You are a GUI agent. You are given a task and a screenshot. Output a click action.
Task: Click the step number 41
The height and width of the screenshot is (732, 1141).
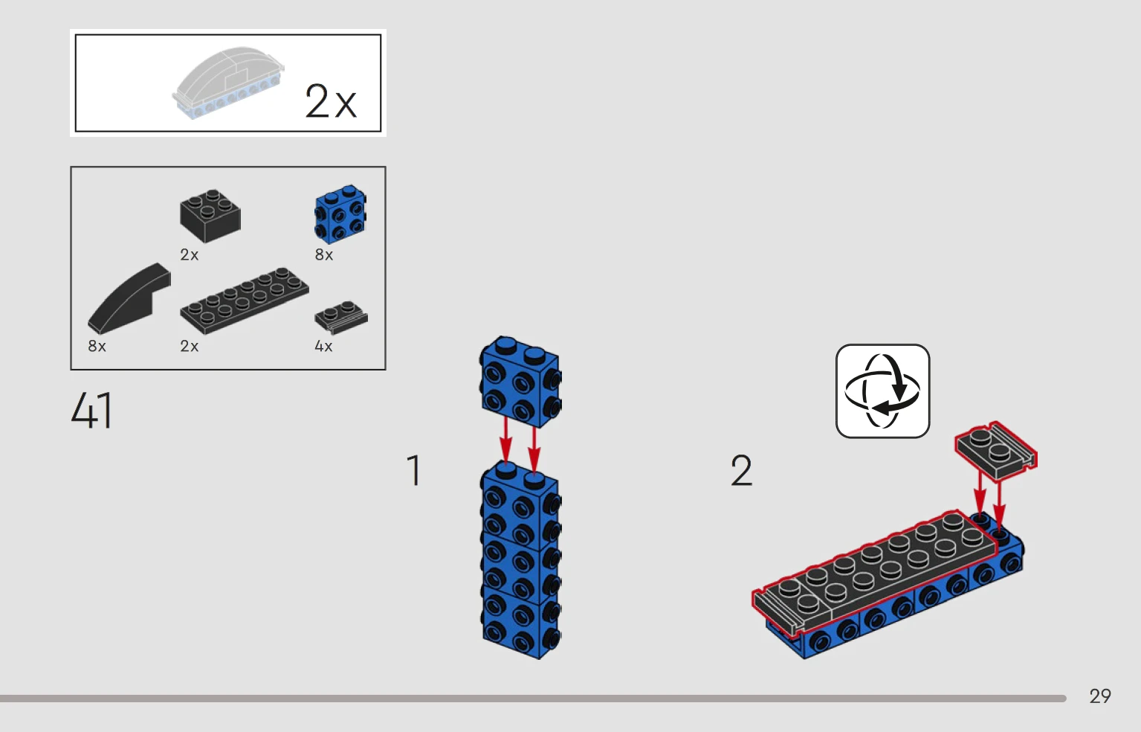click(x=91, y=410)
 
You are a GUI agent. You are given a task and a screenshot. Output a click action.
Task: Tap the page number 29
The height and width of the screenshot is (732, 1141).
click(x=1099, y=696)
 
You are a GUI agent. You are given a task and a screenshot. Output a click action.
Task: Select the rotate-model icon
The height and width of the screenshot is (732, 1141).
click(x=883, y=391)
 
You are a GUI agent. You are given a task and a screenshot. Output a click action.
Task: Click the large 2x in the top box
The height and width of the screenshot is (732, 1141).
click(x=331, y=101)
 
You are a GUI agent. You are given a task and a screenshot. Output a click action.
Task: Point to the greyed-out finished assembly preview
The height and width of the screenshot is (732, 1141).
click(x=228, y=83)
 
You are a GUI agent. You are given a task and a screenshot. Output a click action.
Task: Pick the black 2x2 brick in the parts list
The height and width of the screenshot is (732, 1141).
click(x=210, y=216)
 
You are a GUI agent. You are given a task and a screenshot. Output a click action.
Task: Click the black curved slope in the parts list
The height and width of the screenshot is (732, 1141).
click(x=129, y=298)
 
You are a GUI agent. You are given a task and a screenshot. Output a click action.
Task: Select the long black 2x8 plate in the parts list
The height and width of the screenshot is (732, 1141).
click(x=245, y=301)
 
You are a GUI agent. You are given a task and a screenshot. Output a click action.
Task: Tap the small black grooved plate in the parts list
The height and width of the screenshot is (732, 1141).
click(x=340, y=317)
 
